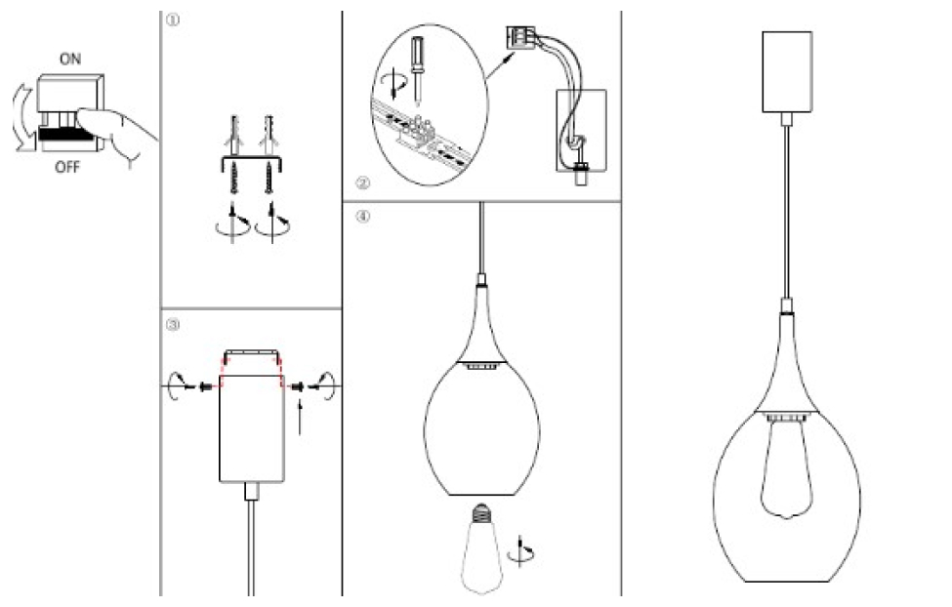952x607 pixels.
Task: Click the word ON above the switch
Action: (70, 59)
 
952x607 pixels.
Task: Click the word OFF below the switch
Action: (67, 167)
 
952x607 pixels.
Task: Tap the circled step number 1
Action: (173, 20)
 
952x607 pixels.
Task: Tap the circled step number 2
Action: (362, 182)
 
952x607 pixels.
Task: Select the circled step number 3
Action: (173, 325)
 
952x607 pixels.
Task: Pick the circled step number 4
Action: (362, 216)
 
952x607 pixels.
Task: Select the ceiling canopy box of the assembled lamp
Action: (787, 71)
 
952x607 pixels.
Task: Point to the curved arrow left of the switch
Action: (23, 118)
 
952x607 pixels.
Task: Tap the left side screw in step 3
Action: (205, 386)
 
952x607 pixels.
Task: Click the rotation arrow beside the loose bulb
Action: (522, 551)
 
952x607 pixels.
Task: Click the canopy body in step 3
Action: (251, 428)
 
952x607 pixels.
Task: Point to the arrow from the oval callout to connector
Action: (502, 65)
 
